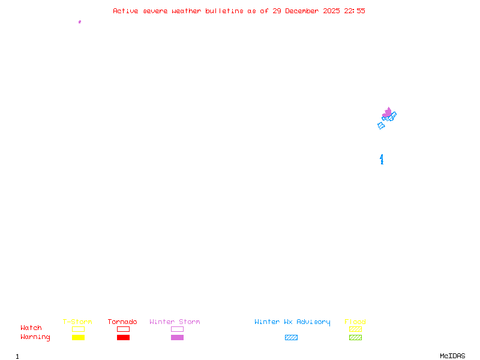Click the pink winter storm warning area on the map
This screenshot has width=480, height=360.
pyautogui.click(x=388, y=112)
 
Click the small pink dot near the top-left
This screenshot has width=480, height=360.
pyautogui.click(x=80, y=22)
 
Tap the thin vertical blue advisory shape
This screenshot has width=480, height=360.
pyautogui.click(x=382, y=159)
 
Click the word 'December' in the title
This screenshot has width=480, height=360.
pyautogui.click(x=304, y=11)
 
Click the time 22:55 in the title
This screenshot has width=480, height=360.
pyautogui.click(x=355, y=11)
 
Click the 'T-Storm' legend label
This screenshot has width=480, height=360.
pyautogui.click(x=77, y=322)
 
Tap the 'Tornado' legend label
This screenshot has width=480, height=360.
pyautogui.click(x=122, y=322)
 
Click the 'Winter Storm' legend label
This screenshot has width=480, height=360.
pyautogui.click(x=175, y=322)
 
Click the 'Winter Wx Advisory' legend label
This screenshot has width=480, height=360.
pyautogui.click(x=292, y=322)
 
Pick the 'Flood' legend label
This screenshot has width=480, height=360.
pyautogui.click(x=355, y=322)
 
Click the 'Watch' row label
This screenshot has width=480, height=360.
pyautogui.click(x=31, y=328)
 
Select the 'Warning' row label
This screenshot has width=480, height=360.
pyautogui.click(x=35, y=337)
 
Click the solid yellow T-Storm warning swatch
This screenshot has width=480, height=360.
pyautogui.click(x=78, y=338)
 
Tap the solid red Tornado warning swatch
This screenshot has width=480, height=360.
pyautogui.click(x=123, y=338)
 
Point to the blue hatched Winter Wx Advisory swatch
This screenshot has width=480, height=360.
pyautogui.click(x=291, y=338)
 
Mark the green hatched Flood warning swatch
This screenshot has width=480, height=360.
pyautogui.click(x=355, y=338)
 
